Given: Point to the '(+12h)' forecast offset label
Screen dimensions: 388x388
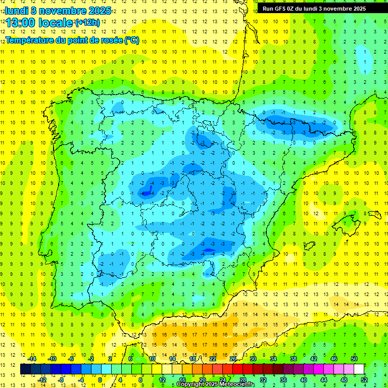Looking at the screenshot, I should pyautogui.click(x=87, y=23).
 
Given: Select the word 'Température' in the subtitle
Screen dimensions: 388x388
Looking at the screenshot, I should pyautogui.click(x=30, y=40).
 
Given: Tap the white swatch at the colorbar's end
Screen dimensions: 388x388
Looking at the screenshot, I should pyautogui.click(x=359, y=369).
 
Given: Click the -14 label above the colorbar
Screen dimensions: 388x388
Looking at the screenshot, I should pyautogui.click(x=32, y=359).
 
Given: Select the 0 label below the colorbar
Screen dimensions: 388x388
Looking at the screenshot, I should pyautogui.click(x=100, y=379).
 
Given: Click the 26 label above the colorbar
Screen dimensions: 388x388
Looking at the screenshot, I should pyautogui.click(x=233, y=359).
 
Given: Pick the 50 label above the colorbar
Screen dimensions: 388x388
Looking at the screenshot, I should pyautogui.click(x=354, y=359).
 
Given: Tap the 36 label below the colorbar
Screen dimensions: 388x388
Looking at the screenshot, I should pyautogui.click(x=283, y=379).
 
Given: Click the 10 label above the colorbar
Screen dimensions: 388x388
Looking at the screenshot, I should pyautogui.click(x=152, y=359).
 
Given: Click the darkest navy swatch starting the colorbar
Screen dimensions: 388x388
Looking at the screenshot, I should pyautogui.click(x=25, y=369).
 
